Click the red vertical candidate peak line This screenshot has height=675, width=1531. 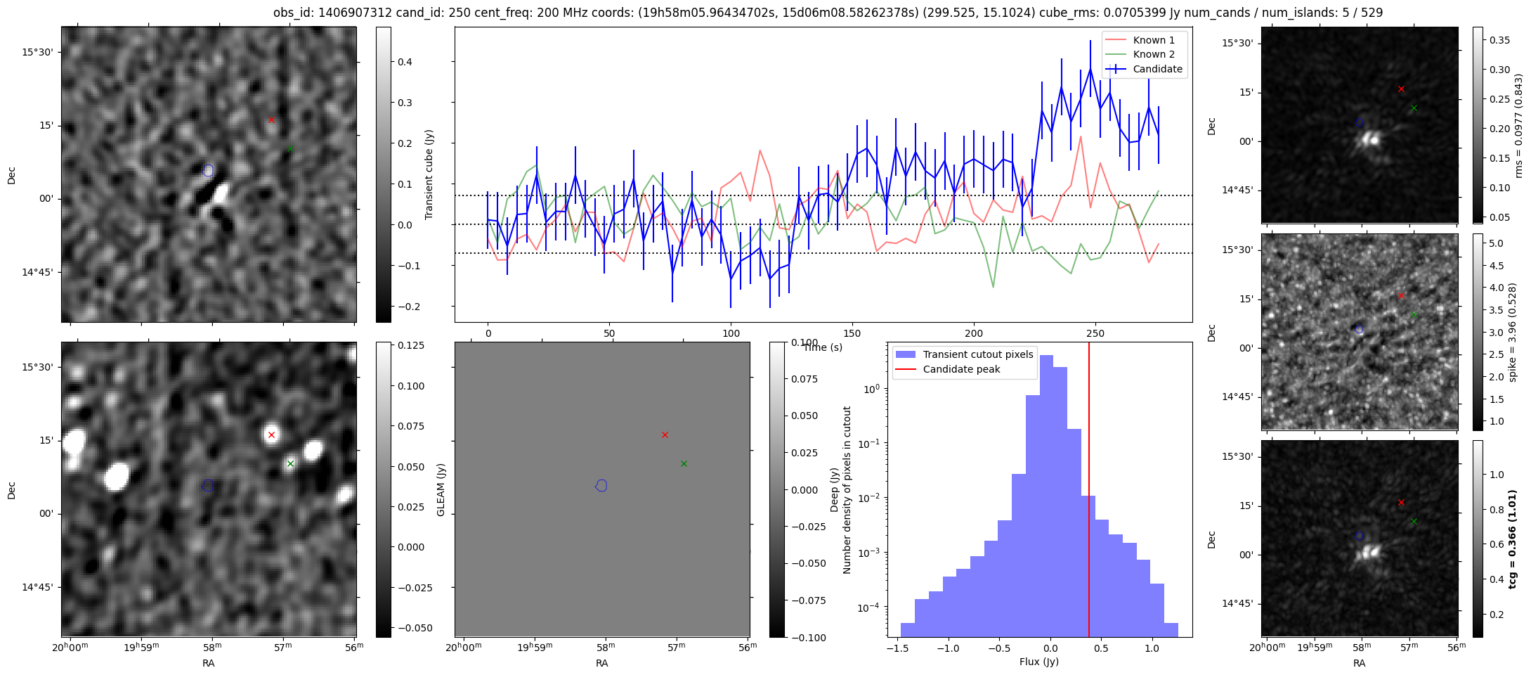coord(1089,492)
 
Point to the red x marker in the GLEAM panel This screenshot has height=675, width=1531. coord(665,435)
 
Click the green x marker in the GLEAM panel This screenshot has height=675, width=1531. coord(684,463)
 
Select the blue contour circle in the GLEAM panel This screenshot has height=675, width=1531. coord(601,485)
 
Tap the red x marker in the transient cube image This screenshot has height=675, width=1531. coord(271,120)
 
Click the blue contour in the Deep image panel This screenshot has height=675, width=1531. coord(208,485)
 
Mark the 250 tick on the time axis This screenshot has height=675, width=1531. coord(1095,333)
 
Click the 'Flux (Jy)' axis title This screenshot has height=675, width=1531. coord(1038,662)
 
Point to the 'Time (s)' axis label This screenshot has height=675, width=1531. coord(822,347)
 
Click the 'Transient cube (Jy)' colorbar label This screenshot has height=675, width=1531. coord(429,174)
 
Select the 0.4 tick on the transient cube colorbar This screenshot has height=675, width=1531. coord(405,62)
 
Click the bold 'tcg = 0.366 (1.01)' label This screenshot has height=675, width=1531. coord(1512,539)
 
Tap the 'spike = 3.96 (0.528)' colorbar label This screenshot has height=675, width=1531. coord(1512,332)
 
